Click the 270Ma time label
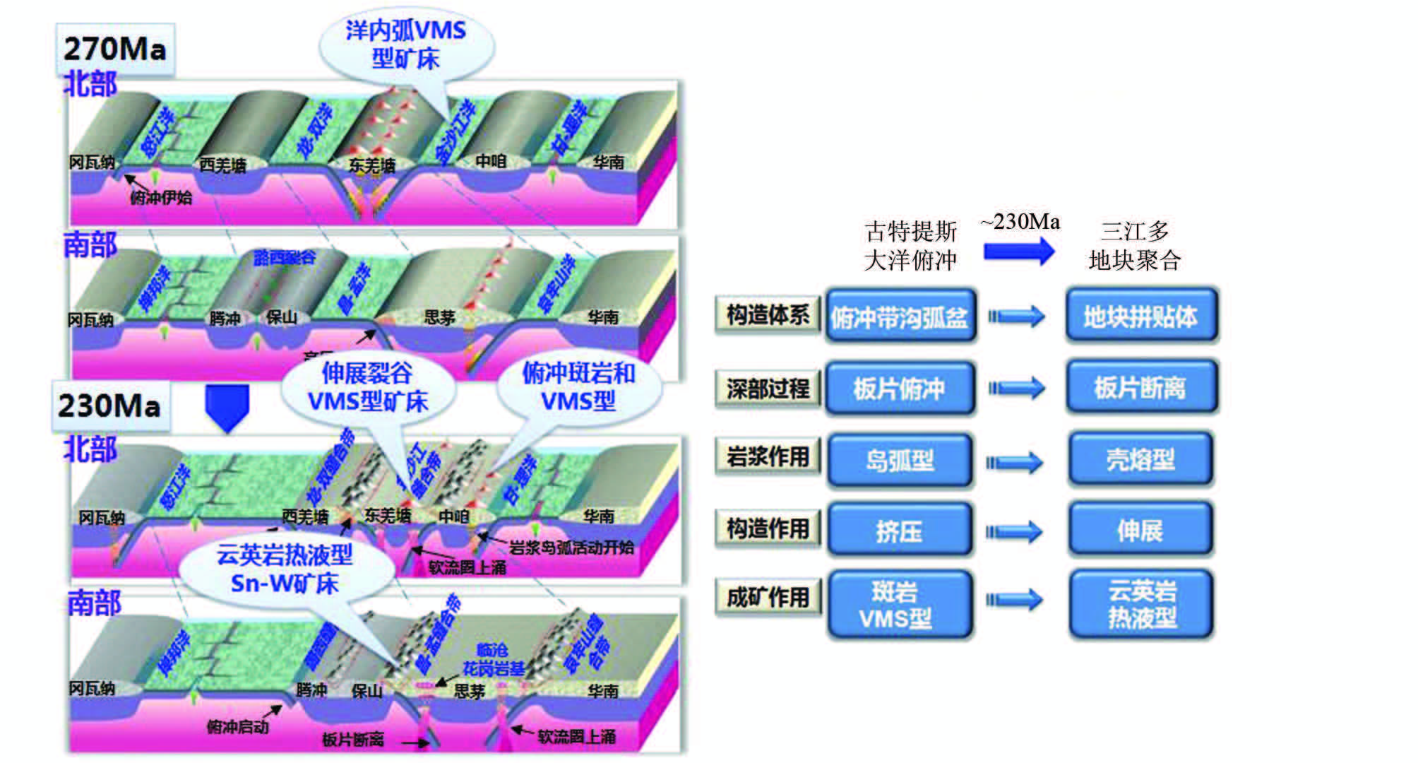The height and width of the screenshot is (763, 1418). (x=115, y=49)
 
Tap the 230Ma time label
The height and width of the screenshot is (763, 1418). (x=110, y=406)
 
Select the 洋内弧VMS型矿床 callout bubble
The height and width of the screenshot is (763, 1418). (x=406, y=44)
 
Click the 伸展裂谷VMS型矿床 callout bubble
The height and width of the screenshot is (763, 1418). (x=368, y=387)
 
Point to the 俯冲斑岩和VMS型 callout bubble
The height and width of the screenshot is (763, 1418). (x=578, y=386)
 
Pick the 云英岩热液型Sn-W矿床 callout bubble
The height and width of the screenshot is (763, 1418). (x=285, y=569)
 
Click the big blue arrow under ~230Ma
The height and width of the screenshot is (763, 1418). (x=1018, y=251)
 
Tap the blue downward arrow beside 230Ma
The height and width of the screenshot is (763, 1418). (x=227, y=408)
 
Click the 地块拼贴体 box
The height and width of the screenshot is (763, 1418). (x=1140, y=316)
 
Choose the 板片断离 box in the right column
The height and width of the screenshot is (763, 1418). (x=1140, y=388)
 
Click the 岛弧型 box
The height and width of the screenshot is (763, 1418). (x=899, y=461)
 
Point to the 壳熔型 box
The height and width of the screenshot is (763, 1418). (x=1140, y=460)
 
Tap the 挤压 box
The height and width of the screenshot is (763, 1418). (x=899, y=531)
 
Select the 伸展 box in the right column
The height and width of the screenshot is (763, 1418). (x=1140, y=530)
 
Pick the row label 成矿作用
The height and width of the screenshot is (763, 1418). (x=768, y=597)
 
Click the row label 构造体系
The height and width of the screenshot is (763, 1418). (x=768, y=315)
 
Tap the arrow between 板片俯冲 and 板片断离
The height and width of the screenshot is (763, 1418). (x=1016, y=388)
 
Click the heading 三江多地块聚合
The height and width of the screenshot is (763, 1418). (x=1135, y=246)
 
